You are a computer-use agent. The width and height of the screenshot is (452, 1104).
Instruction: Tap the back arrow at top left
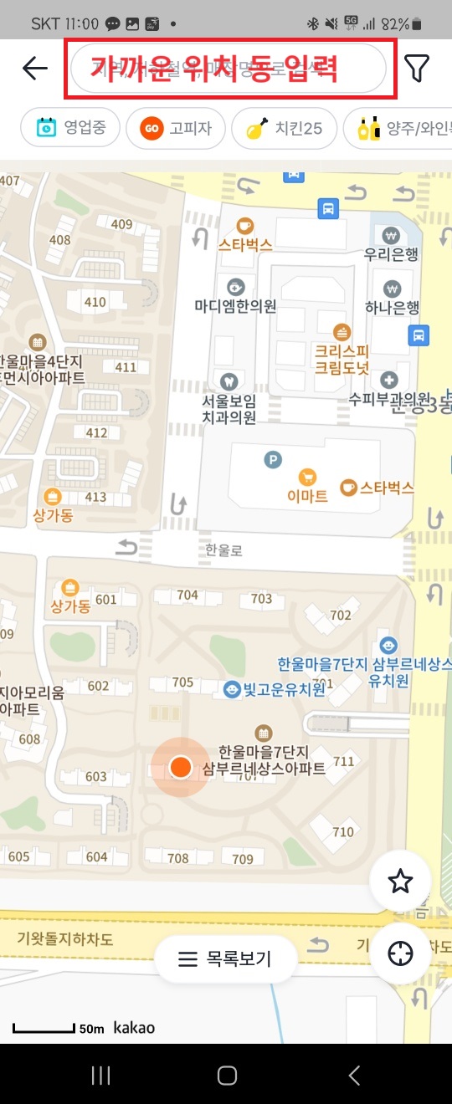(x=35, y=68)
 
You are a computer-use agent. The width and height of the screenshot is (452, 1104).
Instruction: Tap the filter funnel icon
(x=417, y=68)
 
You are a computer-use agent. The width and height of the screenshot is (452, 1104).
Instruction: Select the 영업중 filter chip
(x=70, y=129)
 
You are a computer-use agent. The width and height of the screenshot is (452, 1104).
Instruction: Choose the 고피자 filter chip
(x=176, y=129)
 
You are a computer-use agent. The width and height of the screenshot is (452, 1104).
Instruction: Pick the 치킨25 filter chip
(x=284, y=129)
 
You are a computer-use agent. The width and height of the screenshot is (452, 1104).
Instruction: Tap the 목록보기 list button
(x=225, y=958)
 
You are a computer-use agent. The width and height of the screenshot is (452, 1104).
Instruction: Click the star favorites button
(x=400, y=881)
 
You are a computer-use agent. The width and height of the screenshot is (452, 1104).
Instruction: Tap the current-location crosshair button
(x=400, y=953)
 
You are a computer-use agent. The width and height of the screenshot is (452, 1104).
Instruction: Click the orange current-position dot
(x=180, y=766)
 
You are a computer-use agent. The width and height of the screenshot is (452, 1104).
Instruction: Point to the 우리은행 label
(x=391, y=255)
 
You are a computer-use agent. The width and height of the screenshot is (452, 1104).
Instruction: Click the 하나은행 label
(x=391, y=308)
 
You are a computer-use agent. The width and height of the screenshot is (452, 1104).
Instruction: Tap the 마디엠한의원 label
(x=235, y=306)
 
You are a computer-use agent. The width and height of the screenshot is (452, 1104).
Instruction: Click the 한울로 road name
(x=223, y=549)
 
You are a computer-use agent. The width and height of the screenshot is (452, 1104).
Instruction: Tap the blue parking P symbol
(x=272, y=458)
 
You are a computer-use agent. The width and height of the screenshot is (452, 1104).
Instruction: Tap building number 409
(x=121, y=224)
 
